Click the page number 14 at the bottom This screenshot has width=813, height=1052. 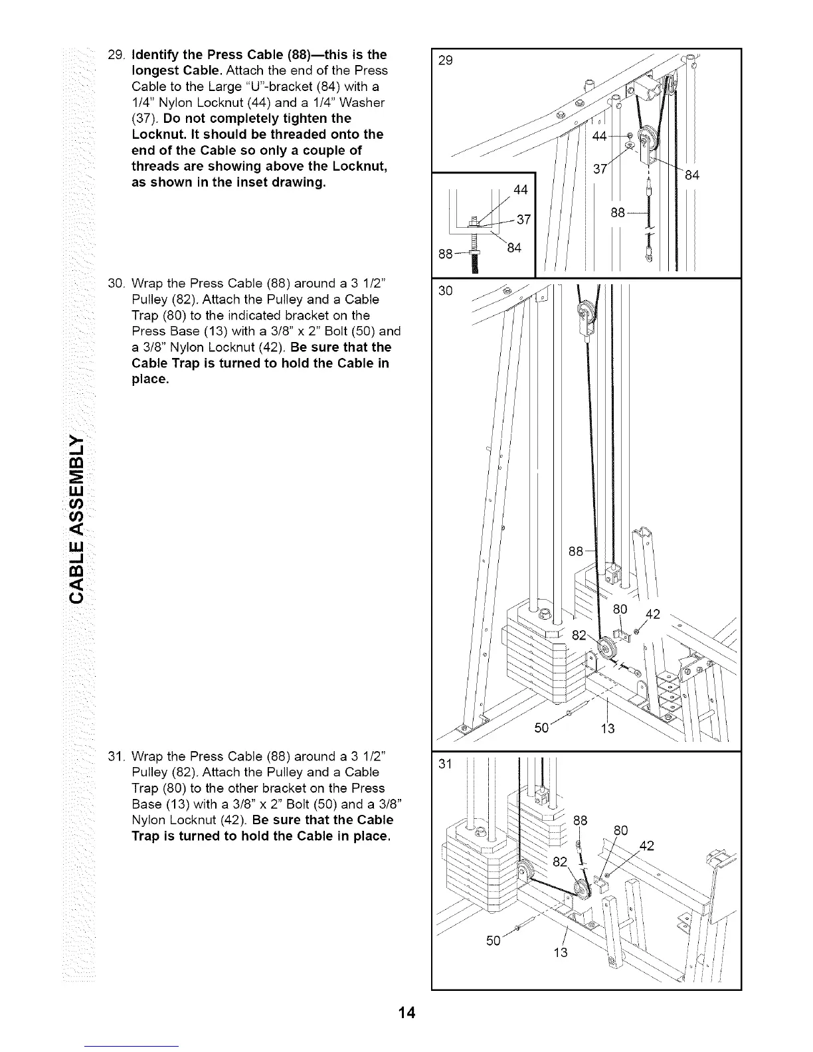click(406, 1013)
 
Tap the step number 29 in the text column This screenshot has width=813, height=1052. click(115, 54)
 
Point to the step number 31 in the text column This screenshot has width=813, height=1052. click(115, 756)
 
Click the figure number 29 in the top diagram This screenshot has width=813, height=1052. click(446, 60)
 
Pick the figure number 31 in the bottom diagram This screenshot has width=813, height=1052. click(445, 764)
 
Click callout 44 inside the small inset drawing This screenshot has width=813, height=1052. click(521, 191)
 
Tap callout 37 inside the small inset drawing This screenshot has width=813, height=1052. click(523, 219)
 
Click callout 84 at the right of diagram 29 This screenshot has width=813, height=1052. click(693, 175)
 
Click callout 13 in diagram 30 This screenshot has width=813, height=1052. click(608, 729)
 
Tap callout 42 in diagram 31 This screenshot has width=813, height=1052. click(645, 845)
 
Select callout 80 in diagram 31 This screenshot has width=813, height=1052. click(620, 830)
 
